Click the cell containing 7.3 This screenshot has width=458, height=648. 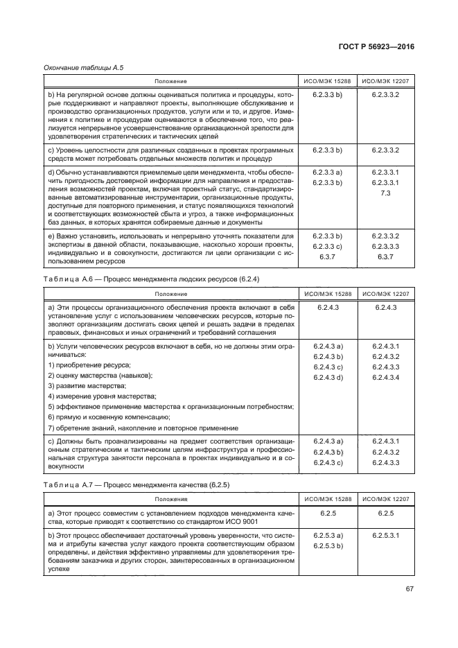(385, 194)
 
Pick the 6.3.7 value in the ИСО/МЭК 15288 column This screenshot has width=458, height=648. (328, 257)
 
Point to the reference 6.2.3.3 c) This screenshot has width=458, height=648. (328, 246)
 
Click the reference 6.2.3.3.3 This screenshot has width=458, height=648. (385, 246)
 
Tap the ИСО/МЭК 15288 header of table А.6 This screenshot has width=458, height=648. (328, 294)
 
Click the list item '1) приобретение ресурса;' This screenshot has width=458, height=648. (88, 365)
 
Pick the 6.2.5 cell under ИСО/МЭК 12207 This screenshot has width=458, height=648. (385, 514)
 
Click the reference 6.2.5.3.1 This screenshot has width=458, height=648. (385, 536)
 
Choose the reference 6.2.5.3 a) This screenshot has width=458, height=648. (328, 536)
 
